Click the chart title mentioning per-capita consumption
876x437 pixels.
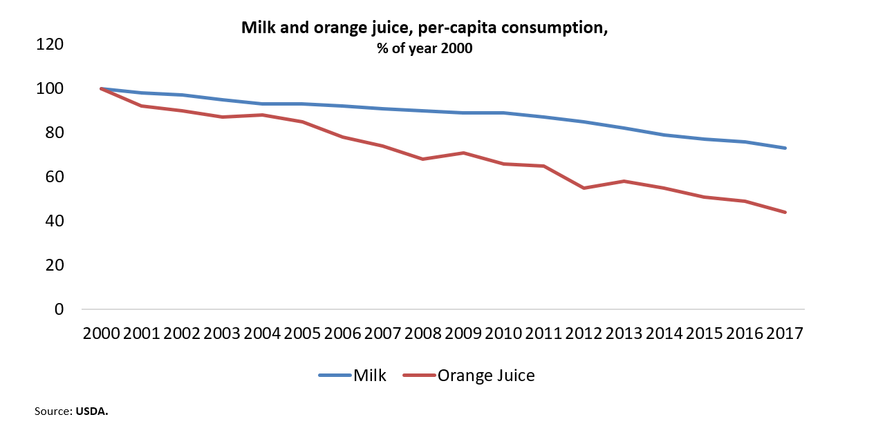tap(424, 28)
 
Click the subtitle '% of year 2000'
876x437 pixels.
tap(425, 49)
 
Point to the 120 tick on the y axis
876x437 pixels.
tap(50, 45)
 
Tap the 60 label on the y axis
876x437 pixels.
tap(54, 177)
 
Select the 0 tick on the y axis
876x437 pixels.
tap(59, 310)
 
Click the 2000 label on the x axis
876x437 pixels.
tap(101, 333)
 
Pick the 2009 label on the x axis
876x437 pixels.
tap(463, 333)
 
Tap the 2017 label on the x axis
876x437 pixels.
tap(785, 333)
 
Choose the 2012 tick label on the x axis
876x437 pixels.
tap(584, 333)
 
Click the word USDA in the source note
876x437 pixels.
tap(92, 411)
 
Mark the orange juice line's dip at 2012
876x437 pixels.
tap(584, 188)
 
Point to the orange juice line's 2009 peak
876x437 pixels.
tap(463, 153)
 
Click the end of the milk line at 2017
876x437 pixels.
tap(785, 148)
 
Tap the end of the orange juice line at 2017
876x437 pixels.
tap(785, 212)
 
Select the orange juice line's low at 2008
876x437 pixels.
tap(423, 159)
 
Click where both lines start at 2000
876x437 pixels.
tap(101, 88)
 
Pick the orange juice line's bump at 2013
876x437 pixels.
tap(624, 181)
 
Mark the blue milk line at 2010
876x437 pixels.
tap(503, 113)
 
